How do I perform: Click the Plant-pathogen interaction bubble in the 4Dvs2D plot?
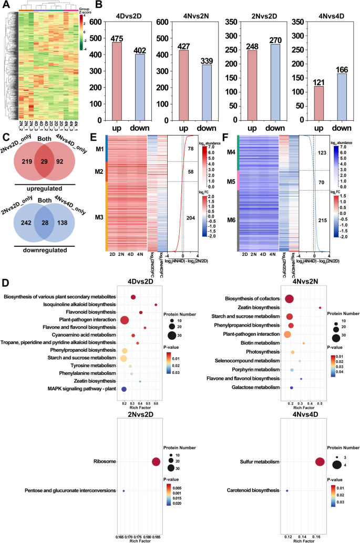click(125, 320)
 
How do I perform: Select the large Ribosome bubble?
click(156, 462)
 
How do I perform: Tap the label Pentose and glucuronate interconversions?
click(62, 491)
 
